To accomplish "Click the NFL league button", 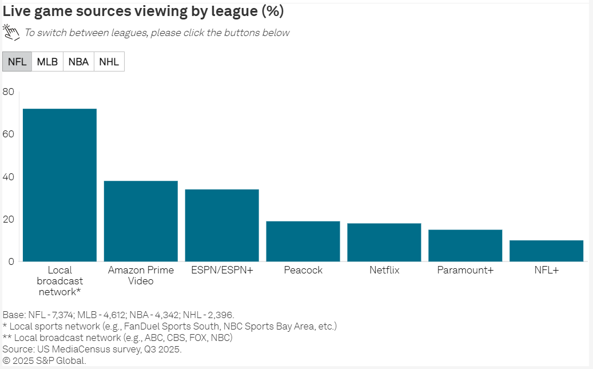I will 17,62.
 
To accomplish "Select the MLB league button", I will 47,62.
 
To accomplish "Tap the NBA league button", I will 78,62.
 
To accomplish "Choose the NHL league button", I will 109,62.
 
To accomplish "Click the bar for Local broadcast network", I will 59,185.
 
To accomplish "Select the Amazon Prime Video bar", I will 141,221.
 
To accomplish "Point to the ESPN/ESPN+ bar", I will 222,225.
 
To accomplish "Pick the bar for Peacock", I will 303,241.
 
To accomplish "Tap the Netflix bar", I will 384,242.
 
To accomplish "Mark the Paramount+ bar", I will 465,245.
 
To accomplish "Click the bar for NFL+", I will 547,251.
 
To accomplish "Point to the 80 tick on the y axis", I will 8,92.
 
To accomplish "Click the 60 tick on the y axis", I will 8,134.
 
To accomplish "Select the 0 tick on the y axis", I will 11,261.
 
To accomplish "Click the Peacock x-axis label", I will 303,270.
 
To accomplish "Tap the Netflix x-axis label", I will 384,270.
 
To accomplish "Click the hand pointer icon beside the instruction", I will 11,31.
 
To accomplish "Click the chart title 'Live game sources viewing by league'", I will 143,11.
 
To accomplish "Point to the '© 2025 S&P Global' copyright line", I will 44,360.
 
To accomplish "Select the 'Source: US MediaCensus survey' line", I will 92,349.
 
